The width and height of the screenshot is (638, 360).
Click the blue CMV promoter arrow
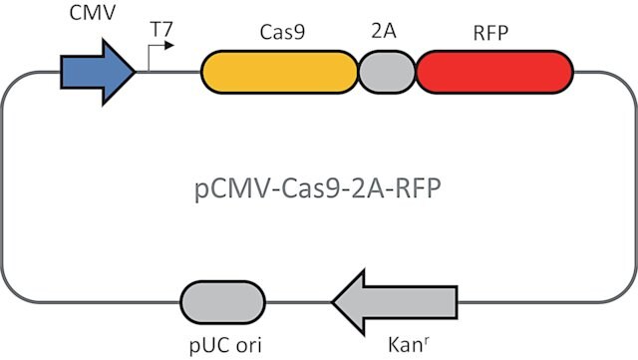[x=98, y=72]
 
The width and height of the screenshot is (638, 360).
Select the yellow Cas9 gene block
[x=279, y=72]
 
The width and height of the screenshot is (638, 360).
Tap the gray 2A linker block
[x=387, y=72]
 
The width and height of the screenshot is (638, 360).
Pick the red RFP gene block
[x=494, y=72]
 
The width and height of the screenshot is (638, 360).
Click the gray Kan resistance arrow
[x=395, y=302]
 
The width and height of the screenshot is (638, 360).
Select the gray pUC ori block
[x=222, y=302]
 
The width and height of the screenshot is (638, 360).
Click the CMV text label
[x=93, y=13]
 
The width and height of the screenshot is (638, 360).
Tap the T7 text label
[x=161, y=29]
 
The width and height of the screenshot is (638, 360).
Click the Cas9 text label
[x=282, y=32]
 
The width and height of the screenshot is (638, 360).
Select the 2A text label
[x=384, y=31]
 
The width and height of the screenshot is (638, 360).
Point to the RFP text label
[x=490, y=33]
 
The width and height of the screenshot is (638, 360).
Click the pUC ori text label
[x=225, y=346]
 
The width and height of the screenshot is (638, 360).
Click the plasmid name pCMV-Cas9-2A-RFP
[x=318, y=189]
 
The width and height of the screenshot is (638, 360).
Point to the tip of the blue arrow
[x=136, y=72]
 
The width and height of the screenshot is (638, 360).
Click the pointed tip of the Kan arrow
[x=332, y=302]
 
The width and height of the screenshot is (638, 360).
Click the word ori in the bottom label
[x=248, y=345]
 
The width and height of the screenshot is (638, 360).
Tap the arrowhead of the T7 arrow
[x=169, y=45]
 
